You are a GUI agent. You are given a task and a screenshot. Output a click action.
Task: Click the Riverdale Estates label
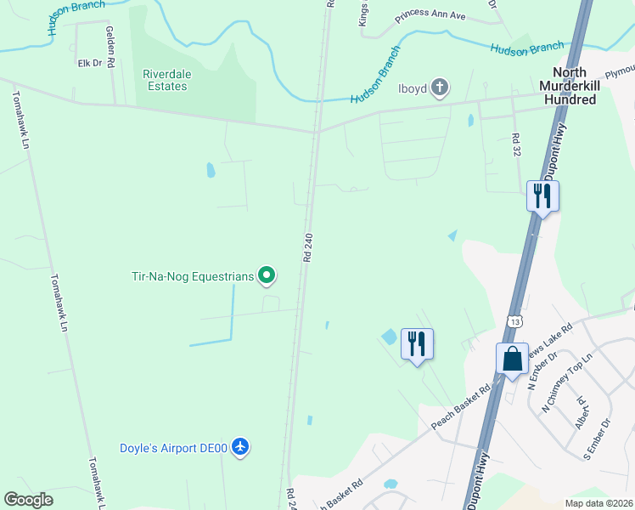(165, 80)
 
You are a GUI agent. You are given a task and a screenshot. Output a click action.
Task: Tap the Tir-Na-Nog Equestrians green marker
(267, 275)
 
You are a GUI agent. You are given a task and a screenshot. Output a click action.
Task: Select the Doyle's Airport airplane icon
(241, 447)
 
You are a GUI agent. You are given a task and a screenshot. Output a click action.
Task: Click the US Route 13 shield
(514, 321)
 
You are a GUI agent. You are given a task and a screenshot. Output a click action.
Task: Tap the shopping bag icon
(513, 358)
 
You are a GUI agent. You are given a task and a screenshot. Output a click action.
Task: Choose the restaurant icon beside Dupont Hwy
(541, 196)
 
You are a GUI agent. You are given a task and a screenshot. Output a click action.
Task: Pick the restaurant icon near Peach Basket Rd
(416, 344)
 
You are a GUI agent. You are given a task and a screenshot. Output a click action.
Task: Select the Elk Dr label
(89, 63)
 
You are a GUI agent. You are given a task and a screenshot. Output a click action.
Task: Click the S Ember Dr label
(598, 435)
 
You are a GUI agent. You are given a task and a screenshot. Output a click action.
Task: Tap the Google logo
(28, 500)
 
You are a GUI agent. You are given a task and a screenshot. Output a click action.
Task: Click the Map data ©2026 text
(598, 503)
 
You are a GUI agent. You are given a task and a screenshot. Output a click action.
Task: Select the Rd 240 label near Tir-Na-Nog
(307, 246)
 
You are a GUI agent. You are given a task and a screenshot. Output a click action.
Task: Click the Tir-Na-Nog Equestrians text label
(193, 275)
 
